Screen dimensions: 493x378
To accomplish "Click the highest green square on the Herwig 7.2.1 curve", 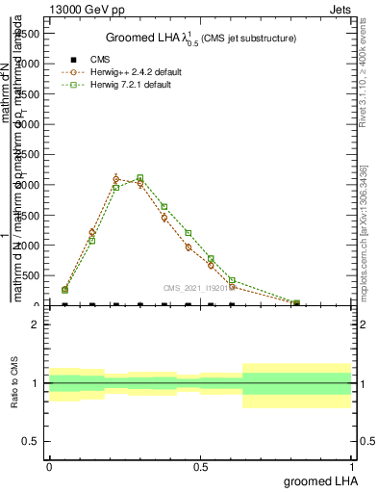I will [x=140, y=178].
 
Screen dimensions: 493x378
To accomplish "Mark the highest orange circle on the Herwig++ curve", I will [x=116, y=179].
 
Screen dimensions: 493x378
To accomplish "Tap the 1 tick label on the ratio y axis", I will [x=37, y=383].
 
